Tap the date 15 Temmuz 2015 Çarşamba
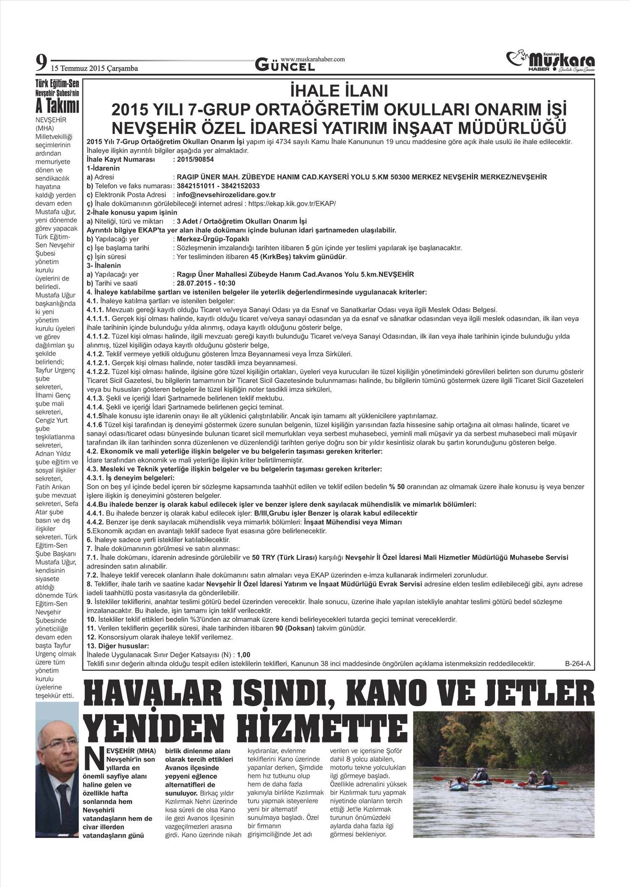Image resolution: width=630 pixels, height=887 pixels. click(94, 69)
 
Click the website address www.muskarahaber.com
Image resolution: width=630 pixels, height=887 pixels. click(312, 59)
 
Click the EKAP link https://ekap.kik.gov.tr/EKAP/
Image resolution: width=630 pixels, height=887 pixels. click(298, 203)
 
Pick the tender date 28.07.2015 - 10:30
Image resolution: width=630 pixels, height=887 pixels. click(206, 283)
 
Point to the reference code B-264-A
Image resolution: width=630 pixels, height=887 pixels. click(577, 664)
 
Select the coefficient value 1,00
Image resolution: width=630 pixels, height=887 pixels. click(244, 655)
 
